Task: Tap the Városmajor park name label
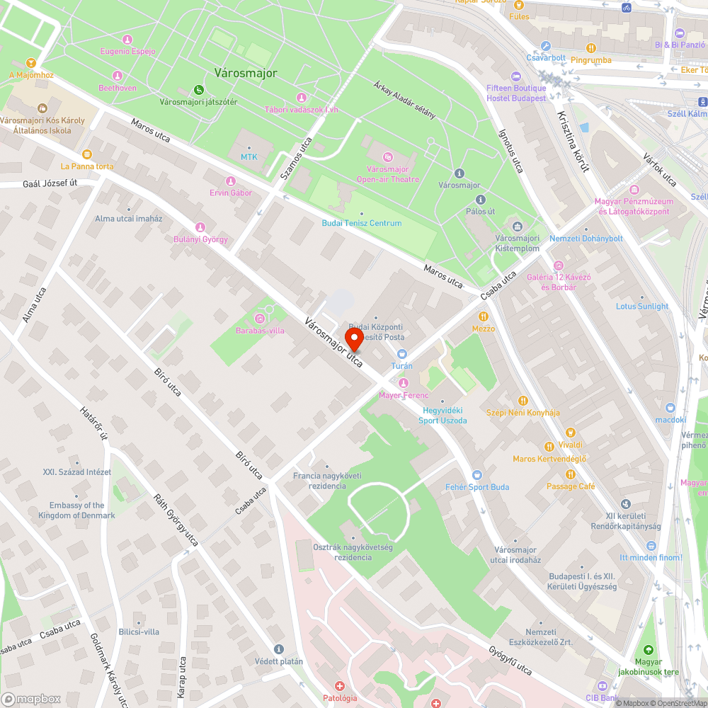246,73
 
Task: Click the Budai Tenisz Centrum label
362,223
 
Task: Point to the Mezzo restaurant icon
484,316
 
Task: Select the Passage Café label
571,486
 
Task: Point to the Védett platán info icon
278,649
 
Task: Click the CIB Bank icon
602,686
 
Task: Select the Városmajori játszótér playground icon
199,90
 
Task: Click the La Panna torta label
86,166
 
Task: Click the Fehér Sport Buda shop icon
476,475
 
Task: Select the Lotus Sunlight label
641,307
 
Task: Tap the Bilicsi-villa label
139,632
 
